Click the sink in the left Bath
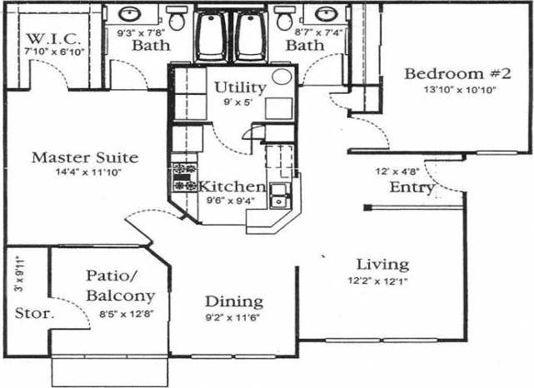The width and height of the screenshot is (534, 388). click(130, 15)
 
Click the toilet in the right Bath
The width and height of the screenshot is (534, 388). click(284, 18)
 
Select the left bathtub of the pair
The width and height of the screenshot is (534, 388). click(212, 35)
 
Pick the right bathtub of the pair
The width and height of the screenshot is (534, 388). click(250, 35)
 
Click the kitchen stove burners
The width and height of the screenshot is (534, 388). click(183, 177)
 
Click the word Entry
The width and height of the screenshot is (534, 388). click(412, 187)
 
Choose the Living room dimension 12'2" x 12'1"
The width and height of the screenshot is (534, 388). click(379, 281)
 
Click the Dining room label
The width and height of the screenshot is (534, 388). click(234, 301)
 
